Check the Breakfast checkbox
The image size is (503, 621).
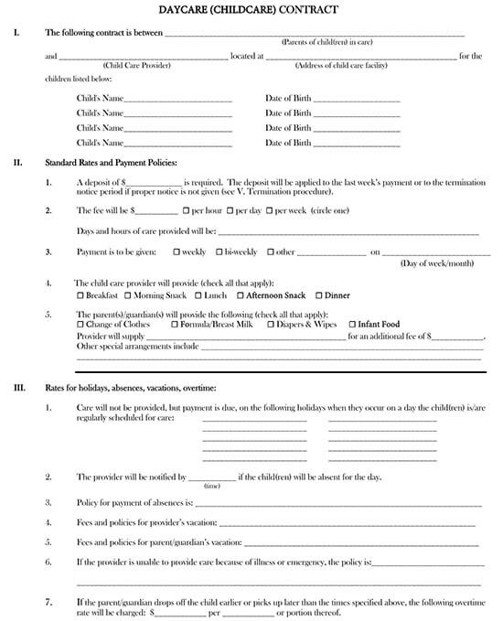[80, 295]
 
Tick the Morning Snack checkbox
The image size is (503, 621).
[127, 295]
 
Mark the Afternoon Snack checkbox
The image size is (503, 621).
[241, 295]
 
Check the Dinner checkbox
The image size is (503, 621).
[319, 295]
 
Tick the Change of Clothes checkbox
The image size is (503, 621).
[80, 325]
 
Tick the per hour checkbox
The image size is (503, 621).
[187, 210]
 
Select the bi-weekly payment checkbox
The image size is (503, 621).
[219, 252]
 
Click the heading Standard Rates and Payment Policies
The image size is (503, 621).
[111, 163]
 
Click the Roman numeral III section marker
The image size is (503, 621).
[18, 388]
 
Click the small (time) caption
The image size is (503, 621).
[211, 487]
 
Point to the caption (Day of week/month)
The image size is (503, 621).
[438, 263]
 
